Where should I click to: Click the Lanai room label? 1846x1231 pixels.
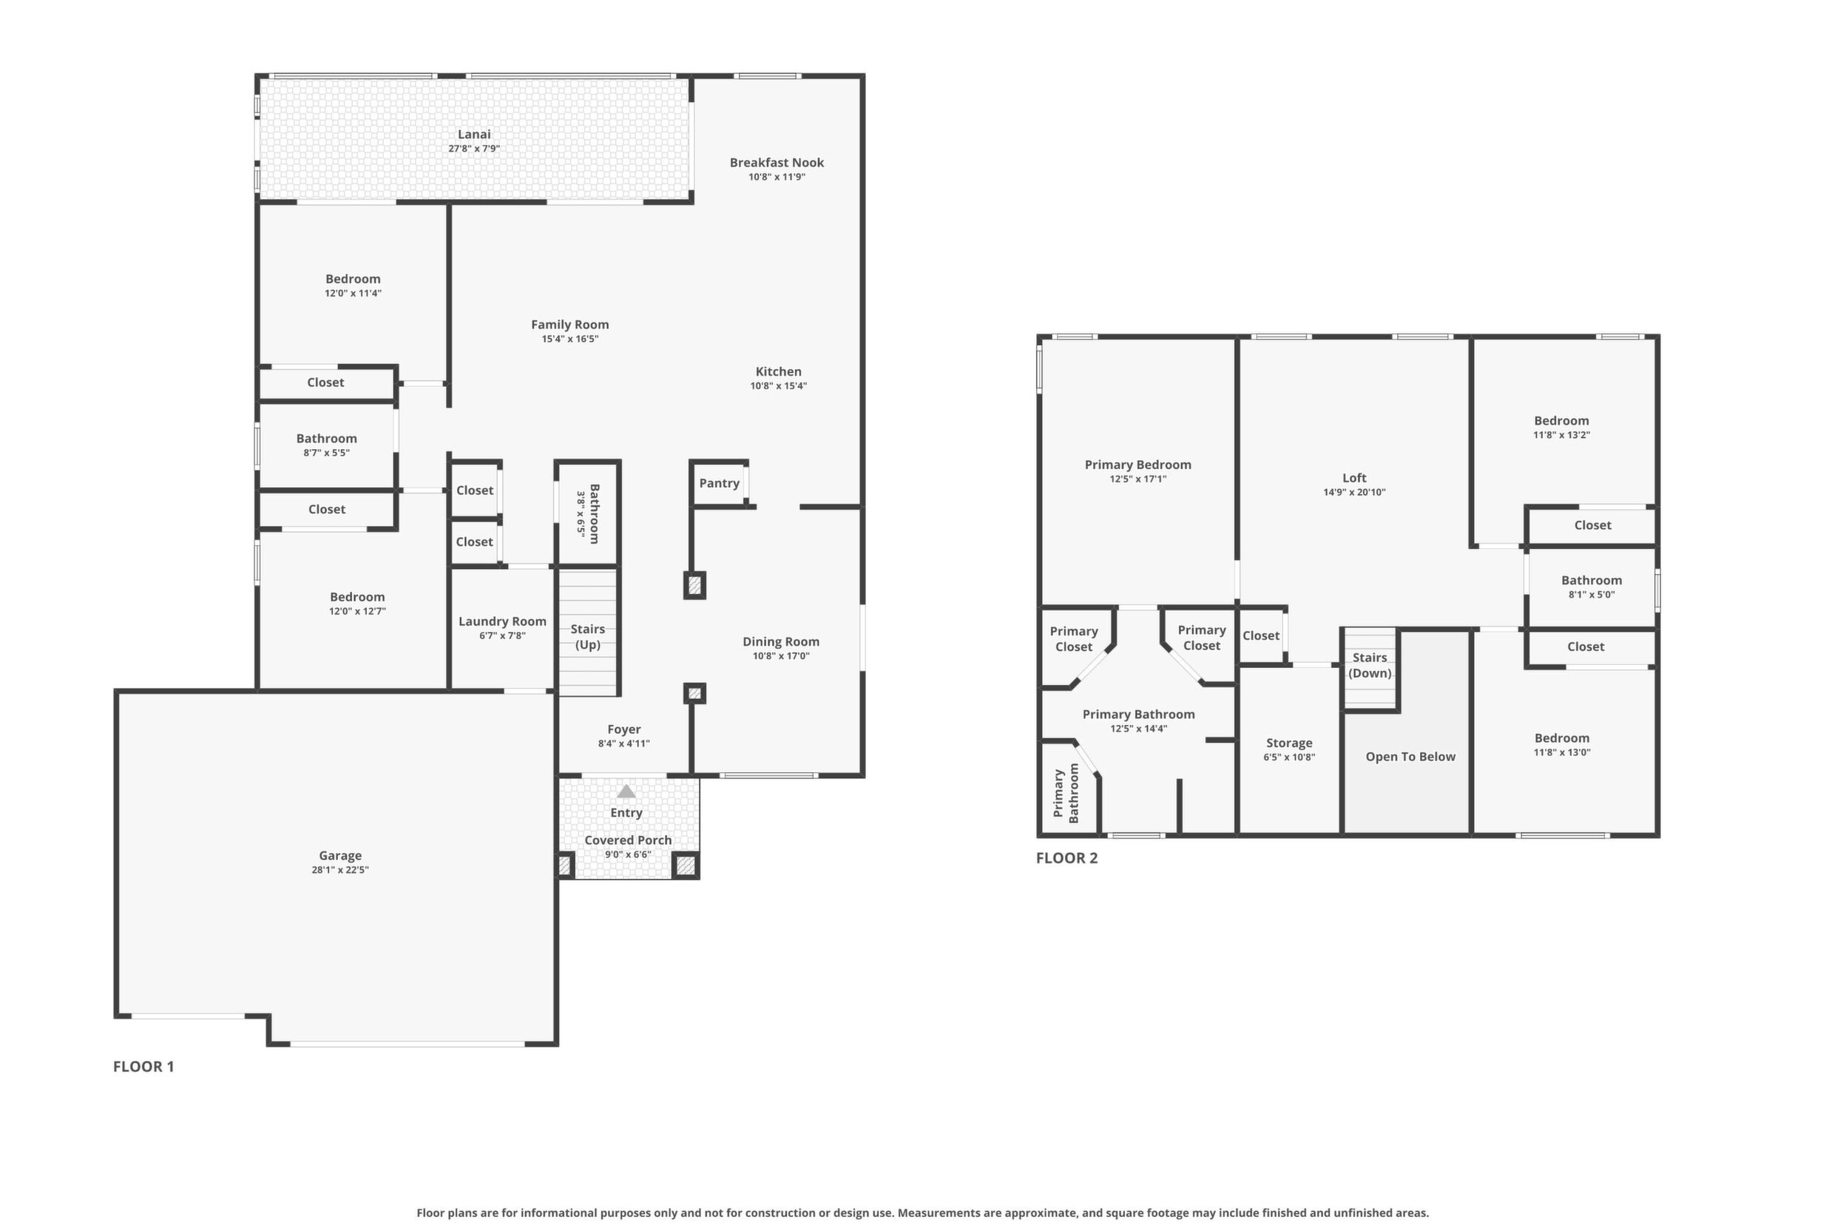[474, 134]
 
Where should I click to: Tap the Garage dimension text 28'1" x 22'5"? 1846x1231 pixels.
[340, 870]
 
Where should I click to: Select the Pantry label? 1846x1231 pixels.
[719, 484]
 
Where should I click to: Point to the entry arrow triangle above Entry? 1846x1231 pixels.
[626, 792]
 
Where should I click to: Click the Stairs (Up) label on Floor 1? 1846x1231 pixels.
[588, 637]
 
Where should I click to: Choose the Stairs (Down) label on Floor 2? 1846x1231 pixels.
[1370, 665]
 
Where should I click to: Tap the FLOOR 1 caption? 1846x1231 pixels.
[143, 1066]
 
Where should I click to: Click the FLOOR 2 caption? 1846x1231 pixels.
[1066, 858]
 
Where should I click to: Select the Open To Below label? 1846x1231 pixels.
[1410, 757]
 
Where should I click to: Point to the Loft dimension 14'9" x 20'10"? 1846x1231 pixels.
[1355, 492]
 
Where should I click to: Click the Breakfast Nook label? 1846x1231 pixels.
[777, 163]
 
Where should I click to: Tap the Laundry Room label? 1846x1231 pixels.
[502, 621]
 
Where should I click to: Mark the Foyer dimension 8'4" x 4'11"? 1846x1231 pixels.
[624, 743]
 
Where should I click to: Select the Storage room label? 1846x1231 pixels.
[1290, 743]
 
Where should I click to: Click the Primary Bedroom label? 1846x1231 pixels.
[1138, 465]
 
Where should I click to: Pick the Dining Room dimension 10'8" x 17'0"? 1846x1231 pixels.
[781, 655]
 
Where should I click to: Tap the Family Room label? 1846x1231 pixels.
[569, 324]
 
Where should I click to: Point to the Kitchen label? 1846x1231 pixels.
[779, 371]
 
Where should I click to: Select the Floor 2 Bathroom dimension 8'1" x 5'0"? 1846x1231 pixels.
[1592, 594]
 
